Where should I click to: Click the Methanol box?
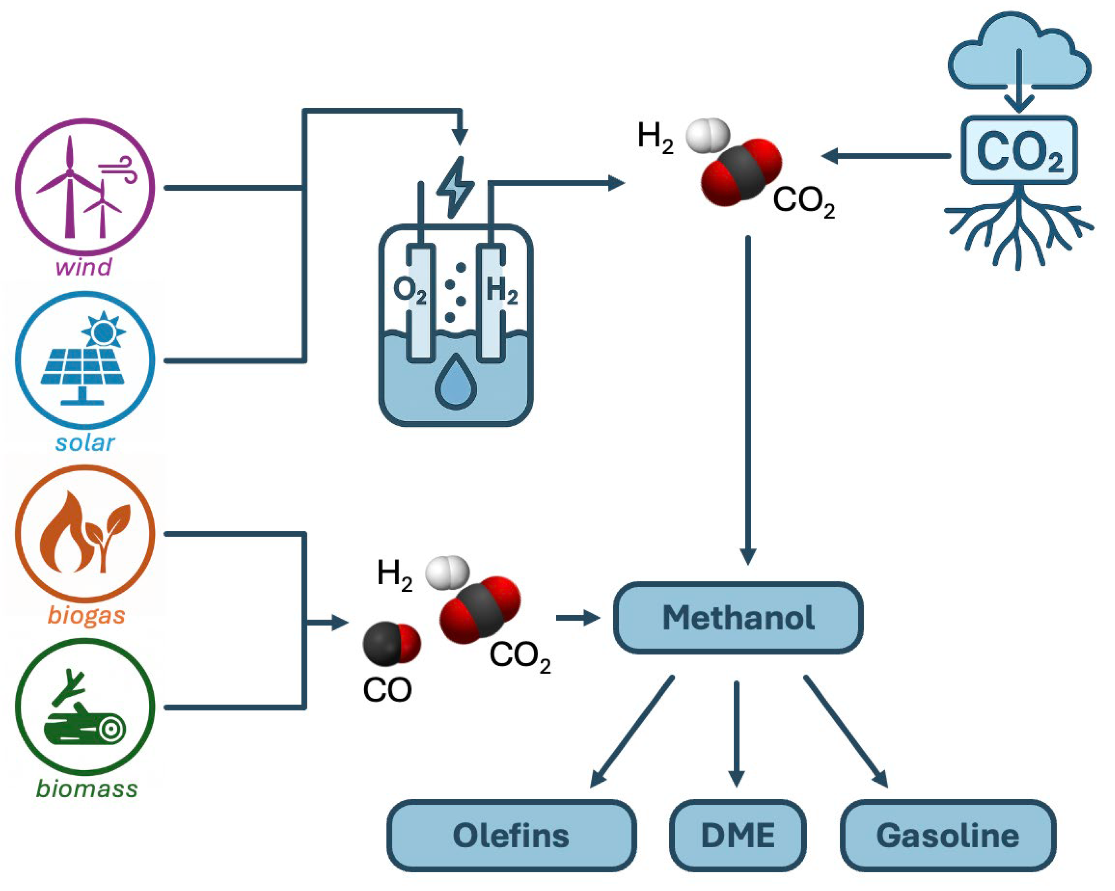[x=738, y=618]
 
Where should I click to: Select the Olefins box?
[x=511, y=836]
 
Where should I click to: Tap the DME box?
[x=738, y=836]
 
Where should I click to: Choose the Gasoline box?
[x=948, y=836]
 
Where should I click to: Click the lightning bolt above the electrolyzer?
[x=455, y=187]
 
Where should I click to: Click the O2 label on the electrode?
[x=410, y=291]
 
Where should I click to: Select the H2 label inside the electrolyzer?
[x=502, y=291]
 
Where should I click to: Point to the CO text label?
[x=387, y=690]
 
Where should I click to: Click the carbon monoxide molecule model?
[x=392, y=643]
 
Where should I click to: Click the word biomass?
[x=87, y=789]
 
